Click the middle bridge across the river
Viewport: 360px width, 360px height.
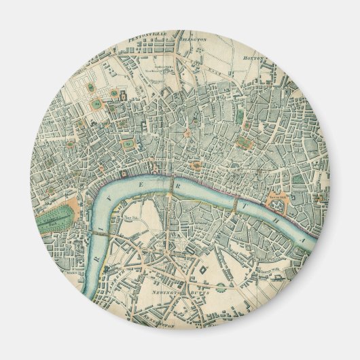(168, 197)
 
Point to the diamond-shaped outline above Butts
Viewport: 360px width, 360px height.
(202, 270)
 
